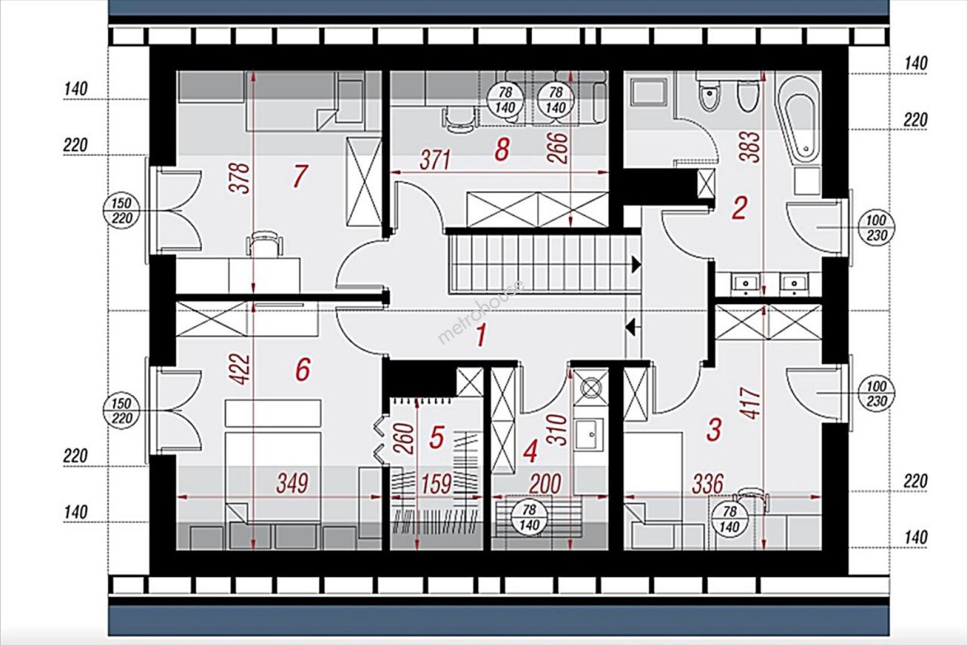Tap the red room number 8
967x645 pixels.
(501, 150)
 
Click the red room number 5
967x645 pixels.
(436, 437)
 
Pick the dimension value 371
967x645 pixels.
(435, 160)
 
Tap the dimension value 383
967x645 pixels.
(752, 146)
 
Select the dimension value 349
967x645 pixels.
(292, 483)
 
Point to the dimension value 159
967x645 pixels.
(436, 483)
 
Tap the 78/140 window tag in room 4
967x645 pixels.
(529, 517)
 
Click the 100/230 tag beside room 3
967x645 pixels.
(876, 394)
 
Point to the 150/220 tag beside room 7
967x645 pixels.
(122, 211)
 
